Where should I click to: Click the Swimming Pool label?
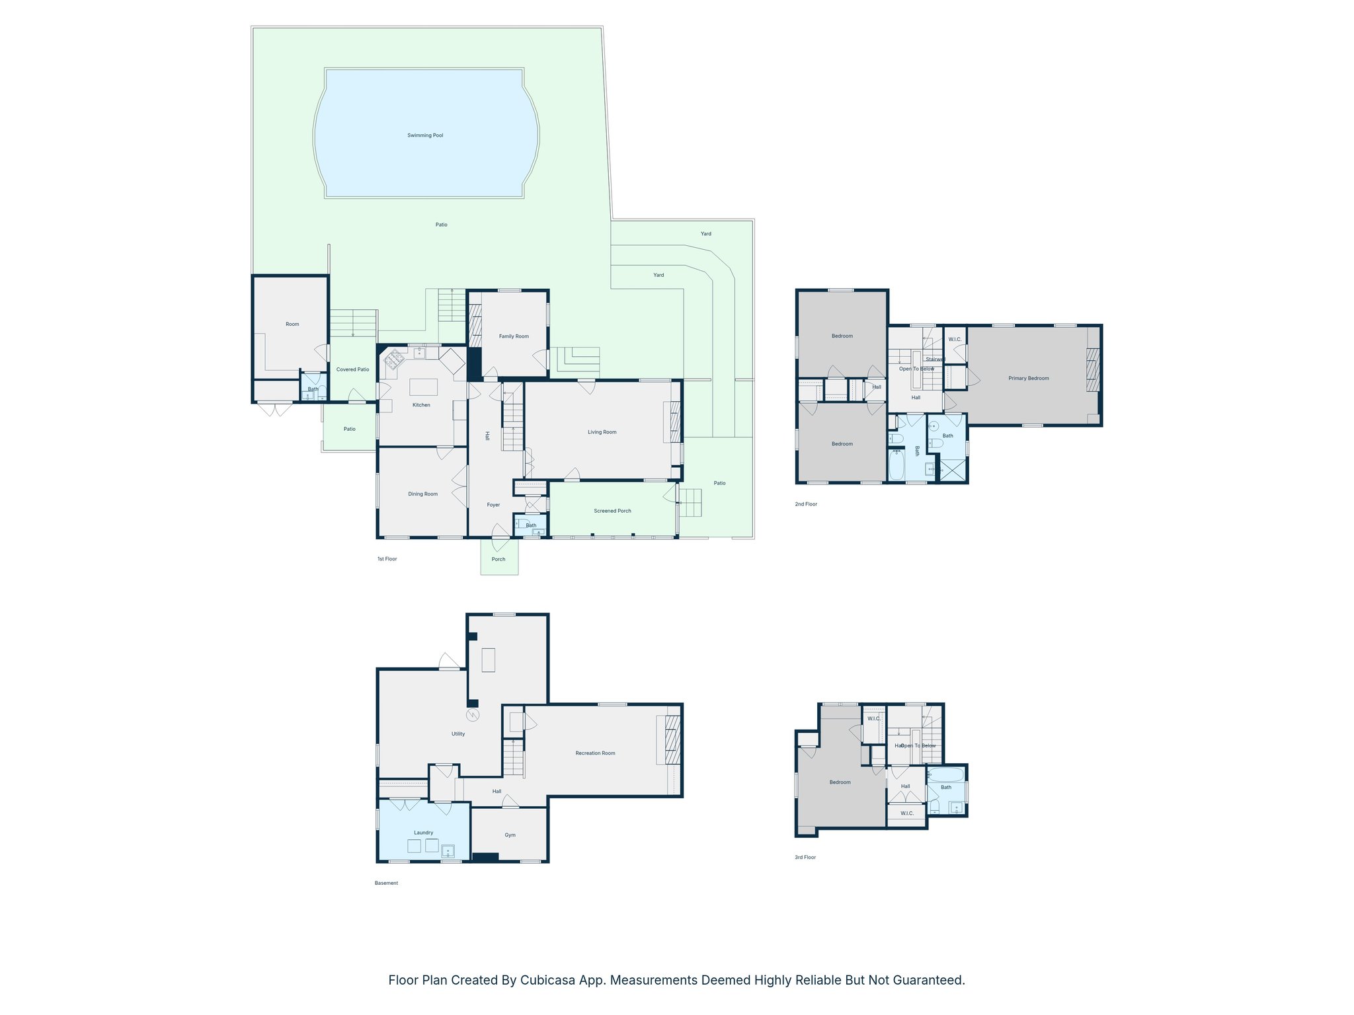(x=425, y=135)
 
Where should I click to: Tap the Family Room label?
(x=514, y=336)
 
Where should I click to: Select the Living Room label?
(x=602, y=432)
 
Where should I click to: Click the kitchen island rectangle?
(x=423, y=387)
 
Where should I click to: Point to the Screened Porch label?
(x=612, y=511)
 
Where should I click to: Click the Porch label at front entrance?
(x=498, y=559)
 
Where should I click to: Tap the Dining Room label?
(x=422, y=494)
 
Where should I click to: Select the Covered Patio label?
(x=352, y=369)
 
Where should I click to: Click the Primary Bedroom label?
(x=1029, y=379)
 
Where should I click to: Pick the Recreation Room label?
(x=595, y=753)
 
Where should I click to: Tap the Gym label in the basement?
(x=510, y=835)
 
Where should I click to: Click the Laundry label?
(x=423, y=833)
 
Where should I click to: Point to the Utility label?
(x=458, y=733)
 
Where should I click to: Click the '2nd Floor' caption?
(x=806, y=504)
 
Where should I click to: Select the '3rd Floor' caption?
(x=805, y=857)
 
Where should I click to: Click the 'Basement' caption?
(x=386, y=883)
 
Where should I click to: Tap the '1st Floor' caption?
(x=387, y=559)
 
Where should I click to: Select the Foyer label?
(x=493, y=505)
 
